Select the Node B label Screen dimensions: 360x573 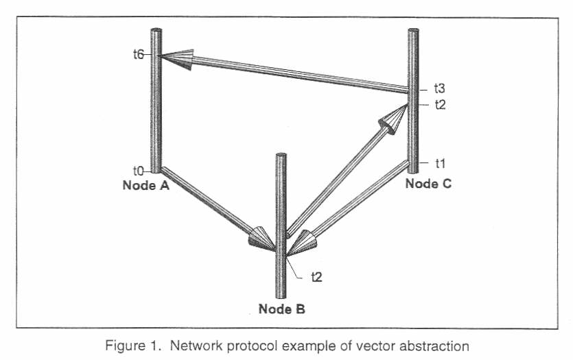click(x=281, y=309)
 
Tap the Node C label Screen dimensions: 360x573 click(x=428, y=183)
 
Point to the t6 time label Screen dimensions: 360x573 click(x=139, y=55)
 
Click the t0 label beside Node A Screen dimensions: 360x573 click(x=139, y=169)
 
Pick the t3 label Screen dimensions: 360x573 click(x=440, y=88)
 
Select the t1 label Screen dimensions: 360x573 click(x=440, y=163)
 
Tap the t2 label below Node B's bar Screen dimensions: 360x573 click(x=316, y=276)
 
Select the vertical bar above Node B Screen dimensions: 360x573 click(x=280, y=206)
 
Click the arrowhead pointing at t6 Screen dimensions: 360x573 click(x=179, y=60)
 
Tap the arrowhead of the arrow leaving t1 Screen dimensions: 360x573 click(x=303, y=242)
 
